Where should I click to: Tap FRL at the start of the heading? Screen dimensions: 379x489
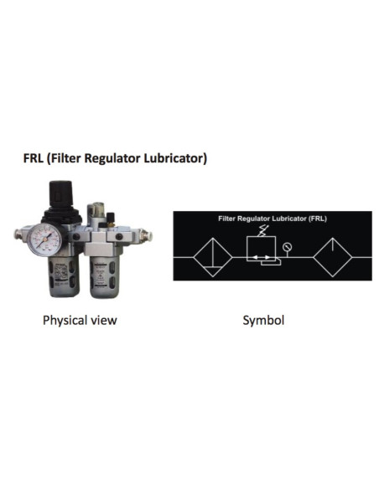tap(33, 158)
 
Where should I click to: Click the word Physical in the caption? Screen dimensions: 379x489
tap(65, 321)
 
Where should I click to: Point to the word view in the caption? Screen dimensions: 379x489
tap(103, 321)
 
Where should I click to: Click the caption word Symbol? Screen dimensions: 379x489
tap(263, 321)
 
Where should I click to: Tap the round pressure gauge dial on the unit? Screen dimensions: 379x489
tap(44, 239)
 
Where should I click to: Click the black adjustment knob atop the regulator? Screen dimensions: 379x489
tap(61, 193)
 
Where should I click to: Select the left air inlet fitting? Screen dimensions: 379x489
tap(19, 234)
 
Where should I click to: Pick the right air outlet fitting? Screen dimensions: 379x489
tap(145, 234)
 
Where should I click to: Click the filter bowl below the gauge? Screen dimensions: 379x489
tap(64, 276)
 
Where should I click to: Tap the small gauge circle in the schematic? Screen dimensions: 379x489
tap(287, 248)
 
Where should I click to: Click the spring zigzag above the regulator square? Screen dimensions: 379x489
tap(262, 231)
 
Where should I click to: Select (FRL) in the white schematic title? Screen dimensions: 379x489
tap(318, 219)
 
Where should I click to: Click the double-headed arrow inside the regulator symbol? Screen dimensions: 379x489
tap(261, 258)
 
